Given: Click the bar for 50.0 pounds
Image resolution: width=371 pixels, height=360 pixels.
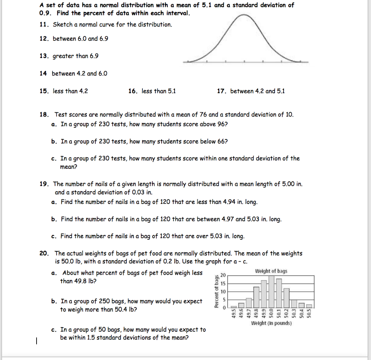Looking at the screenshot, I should pos(272,292).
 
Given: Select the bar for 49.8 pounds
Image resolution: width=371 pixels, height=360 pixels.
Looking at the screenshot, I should pos(256,297).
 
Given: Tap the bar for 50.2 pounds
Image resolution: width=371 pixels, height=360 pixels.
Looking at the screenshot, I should pos(286,298).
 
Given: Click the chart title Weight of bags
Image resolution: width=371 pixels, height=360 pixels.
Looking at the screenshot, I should pos(271,271).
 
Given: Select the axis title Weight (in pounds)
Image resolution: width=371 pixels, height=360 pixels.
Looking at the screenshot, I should pos(271,323).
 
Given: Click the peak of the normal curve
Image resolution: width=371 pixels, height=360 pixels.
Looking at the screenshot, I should pos(244,15).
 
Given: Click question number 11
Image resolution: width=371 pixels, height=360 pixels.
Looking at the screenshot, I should pos(43,25).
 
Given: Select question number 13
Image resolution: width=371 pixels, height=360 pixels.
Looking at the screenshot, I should pos(43,56).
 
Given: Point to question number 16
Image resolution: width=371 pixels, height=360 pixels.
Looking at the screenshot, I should pos(133,91).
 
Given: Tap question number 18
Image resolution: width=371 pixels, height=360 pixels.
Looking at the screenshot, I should pos(44,115).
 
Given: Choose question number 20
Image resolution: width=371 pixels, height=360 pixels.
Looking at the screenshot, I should pos(44,253).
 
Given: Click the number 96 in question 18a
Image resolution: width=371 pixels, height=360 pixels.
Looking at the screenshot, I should pos(221,124).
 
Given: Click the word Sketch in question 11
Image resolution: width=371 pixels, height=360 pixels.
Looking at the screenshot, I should pos(62,25).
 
